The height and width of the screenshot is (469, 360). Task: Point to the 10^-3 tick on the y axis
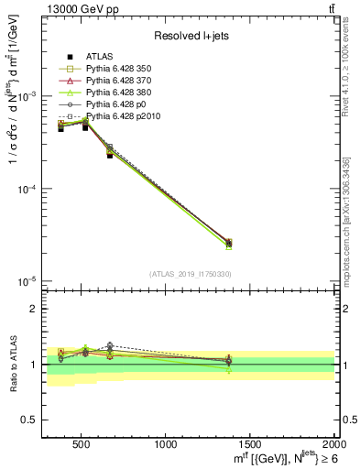pyautogui.click(x=27, y=96)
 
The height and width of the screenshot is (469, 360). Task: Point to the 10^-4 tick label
pyautogui.click(x=27, y=189)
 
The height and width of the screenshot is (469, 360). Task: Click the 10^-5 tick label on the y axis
pyautogui.click(x=27, y=280)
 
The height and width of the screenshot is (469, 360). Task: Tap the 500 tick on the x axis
pyautogui.click(x=81, y=444)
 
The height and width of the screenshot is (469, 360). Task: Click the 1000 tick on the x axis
pyautogui.click(x=166, y=444)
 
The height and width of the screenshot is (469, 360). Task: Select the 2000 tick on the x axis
pyautogui.click(x=333, y=444)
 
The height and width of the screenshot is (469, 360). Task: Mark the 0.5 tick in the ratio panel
pyautogui.click(x=30, y=420)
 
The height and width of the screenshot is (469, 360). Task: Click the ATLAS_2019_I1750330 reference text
pyautogui.click(x=190, y=274)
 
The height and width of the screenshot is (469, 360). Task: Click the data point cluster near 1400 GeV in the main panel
pyautogui.click(x=228, y=243)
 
